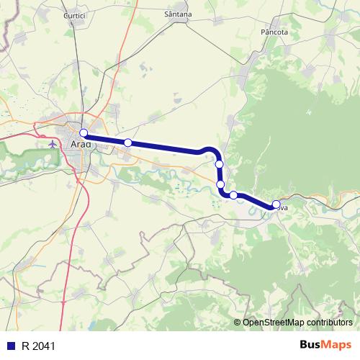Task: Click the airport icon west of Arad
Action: (x=53, y=143)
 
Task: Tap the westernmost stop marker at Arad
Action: (x=84, y=132)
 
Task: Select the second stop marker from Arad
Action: (x=127, y=143)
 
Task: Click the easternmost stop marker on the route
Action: (x=276, y=204)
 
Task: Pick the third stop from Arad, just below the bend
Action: (x=219, y=164)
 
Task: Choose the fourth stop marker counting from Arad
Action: (x=220, y=184)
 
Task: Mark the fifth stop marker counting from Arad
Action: (x=233, y=195)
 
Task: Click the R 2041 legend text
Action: (x=38, y=346)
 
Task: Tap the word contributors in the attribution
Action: (x=330, y=322)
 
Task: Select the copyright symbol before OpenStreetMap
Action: (x=238, y=322)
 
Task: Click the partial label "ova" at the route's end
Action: (x=283, y=207)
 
